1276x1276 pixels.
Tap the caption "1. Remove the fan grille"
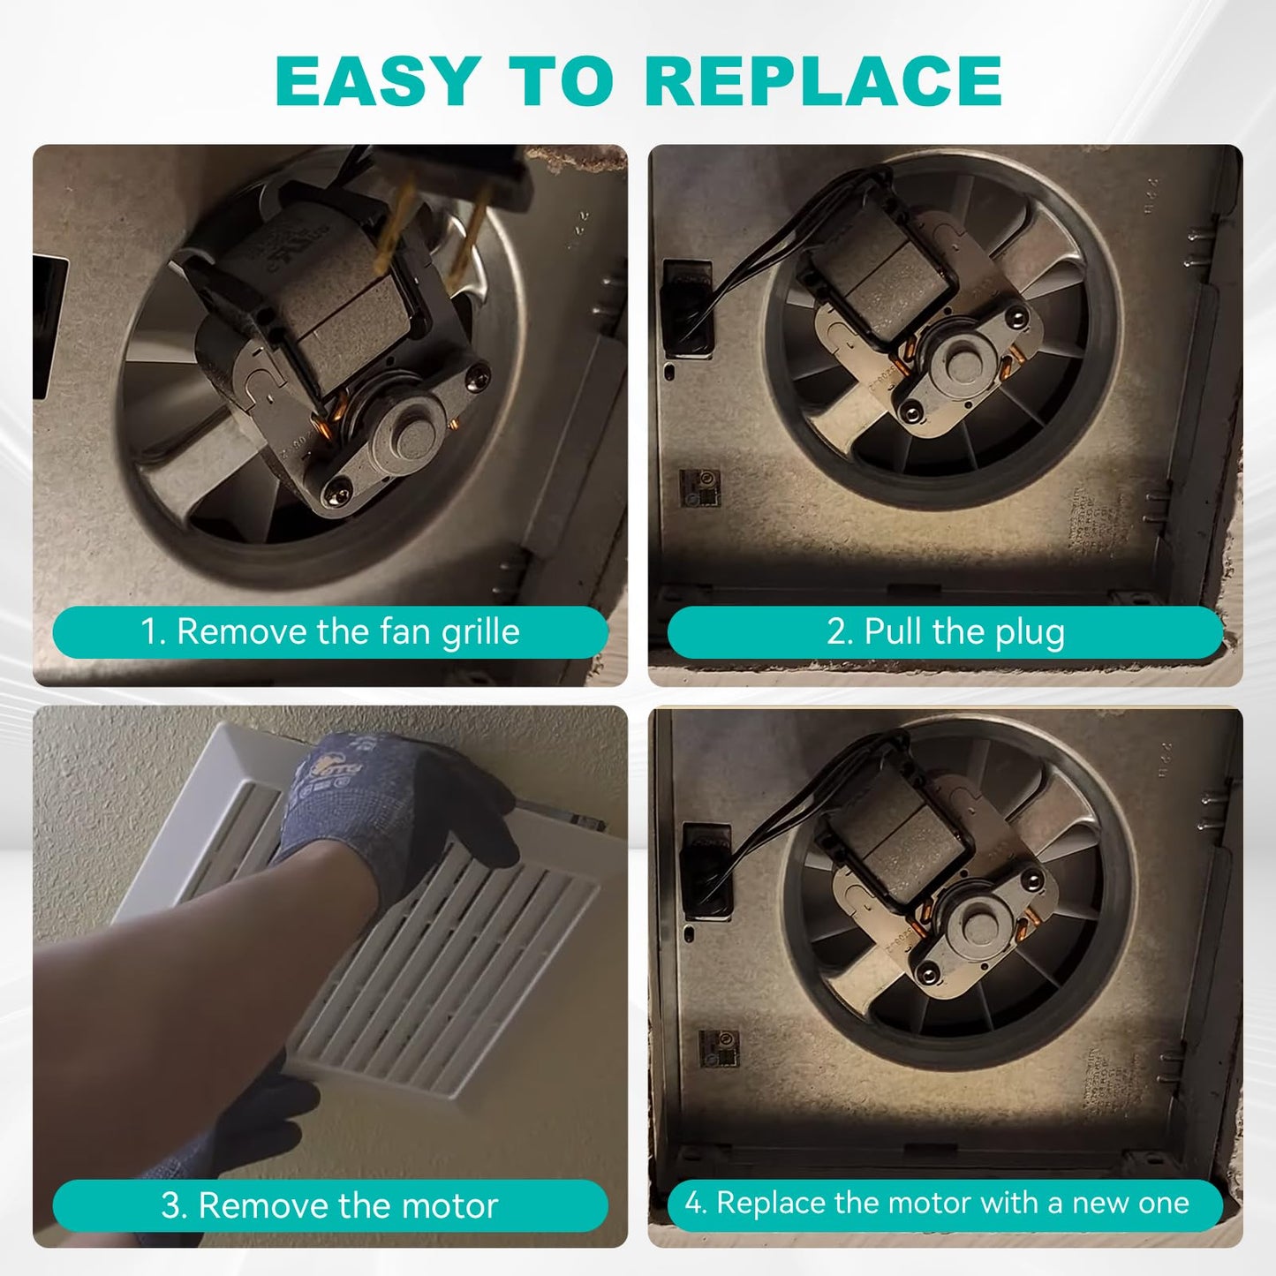pos(330,631)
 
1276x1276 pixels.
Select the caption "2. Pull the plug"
pos(945,631)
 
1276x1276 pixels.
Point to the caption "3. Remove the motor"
pos(330,1205)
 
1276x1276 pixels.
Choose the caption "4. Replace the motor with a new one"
pos(945,1203)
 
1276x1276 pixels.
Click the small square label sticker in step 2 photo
pos(700,488)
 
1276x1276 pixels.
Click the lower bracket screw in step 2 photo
pos(912,408)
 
